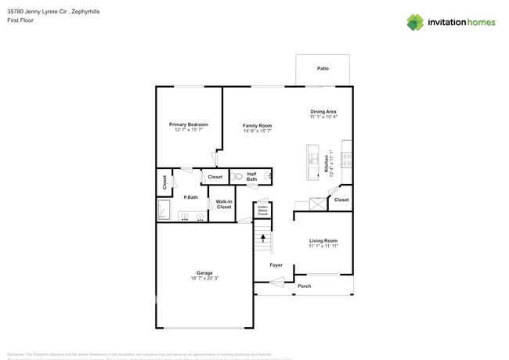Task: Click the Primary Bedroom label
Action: [x=189, y=124]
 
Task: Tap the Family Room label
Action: [x=257, y=125]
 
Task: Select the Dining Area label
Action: [x=323, y=112]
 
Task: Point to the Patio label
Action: [x=323, y=69]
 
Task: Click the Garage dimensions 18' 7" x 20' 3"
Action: [x=204, y=278]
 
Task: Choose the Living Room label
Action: [x=323, y=241]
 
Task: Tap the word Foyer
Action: [x=276, y=265]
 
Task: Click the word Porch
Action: [x=304, y=286]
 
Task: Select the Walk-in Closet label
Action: [x=223, y=204]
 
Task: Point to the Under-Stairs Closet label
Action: [x=263, y=210]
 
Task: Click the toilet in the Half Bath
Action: [x=238, y=177]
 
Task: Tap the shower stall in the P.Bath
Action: [x=164, y=211]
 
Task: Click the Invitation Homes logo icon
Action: [x=416, y=22]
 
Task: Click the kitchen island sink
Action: [x=312, y=149]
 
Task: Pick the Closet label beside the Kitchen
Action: [x=341, y=200]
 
